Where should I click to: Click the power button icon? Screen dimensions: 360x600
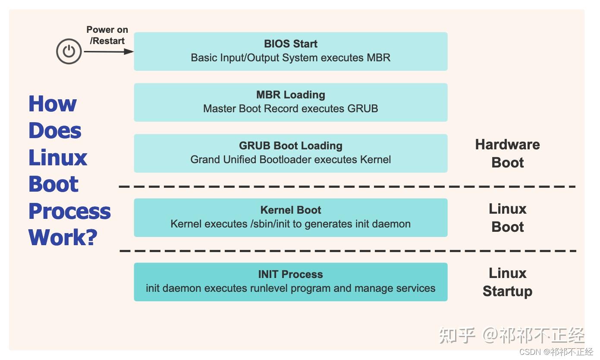coord(69,51)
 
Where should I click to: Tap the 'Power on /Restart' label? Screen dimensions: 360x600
coord(107,35)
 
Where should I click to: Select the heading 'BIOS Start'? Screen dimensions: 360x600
coord(291,44)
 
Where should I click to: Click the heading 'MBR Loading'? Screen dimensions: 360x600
coord(291,95)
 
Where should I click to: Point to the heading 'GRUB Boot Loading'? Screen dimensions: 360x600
coord(291,145)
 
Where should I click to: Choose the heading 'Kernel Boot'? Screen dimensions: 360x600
coord(291,210)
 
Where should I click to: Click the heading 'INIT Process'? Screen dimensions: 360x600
coord(291,274)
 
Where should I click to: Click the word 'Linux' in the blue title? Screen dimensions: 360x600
coord(58,158)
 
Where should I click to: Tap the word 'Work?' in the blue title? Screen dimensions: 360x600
coord(63,237)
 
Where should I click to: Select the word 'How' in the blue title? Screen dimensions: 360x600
coord(53,104)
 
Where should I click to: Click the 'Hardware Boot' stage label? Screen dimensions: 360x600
coord(507,153)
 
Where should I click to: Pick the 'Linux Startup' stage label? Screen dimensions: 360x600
coord(507,282)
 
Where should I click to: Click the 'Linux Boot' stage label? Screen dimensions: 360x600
coord(507,218)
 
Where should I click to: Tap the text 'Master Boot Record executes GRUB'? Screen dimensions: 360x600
coord(291,108)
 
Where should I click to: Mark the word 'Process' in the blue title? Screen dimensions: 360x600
coord(69,211)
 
